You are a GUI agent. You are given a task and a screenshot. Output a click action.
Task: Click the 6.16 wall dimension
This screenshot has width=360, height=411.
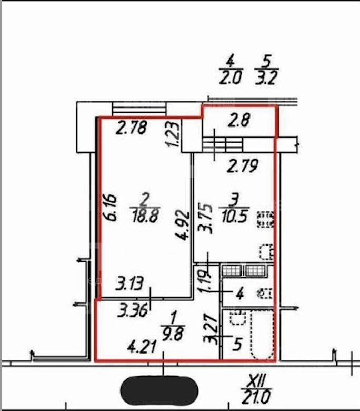tap(109, 208)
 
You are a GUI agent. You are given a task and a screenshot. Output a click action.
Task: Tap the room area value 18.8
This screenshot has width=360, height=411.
tap(145, 217)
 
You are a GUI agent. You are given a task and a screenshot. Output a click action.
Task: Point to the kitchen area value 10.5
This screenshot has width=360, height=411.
tap(234, 217)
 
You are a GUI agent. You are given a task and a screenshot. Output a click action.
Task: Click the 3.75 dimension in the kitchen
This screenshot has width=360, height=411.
tap(206, 218)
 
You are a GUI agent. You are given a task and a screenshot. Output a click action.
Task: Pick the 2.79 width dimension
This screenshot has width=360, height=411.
tap(243, 165)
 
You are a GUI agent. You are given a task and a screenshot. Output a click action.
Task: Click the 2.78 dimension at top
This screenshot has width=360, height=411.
tap(131, 128)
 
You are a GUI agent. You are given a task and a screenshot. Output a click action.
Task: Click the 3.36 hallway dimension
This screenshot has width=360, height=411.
tap(133, 310)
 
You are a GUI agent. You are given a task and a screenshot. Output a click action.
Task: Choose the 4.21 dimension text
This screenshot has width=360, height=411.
tap(142, 347)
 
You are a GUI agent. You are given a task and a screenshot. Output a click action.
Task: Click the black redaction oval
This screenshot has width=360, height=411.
tap(159, 390)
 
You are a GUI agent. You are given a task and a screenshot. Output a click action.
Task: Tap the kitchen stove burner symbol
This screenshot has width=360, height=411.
tap(266, 219)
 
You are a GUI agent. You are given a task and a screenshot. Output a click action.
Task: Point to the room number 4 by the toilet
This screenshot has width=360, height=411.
tap(240, 293)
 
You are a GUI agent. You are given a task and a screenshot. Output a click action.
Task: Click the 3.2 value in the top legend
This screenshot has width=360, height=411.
tap(265, 79)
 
